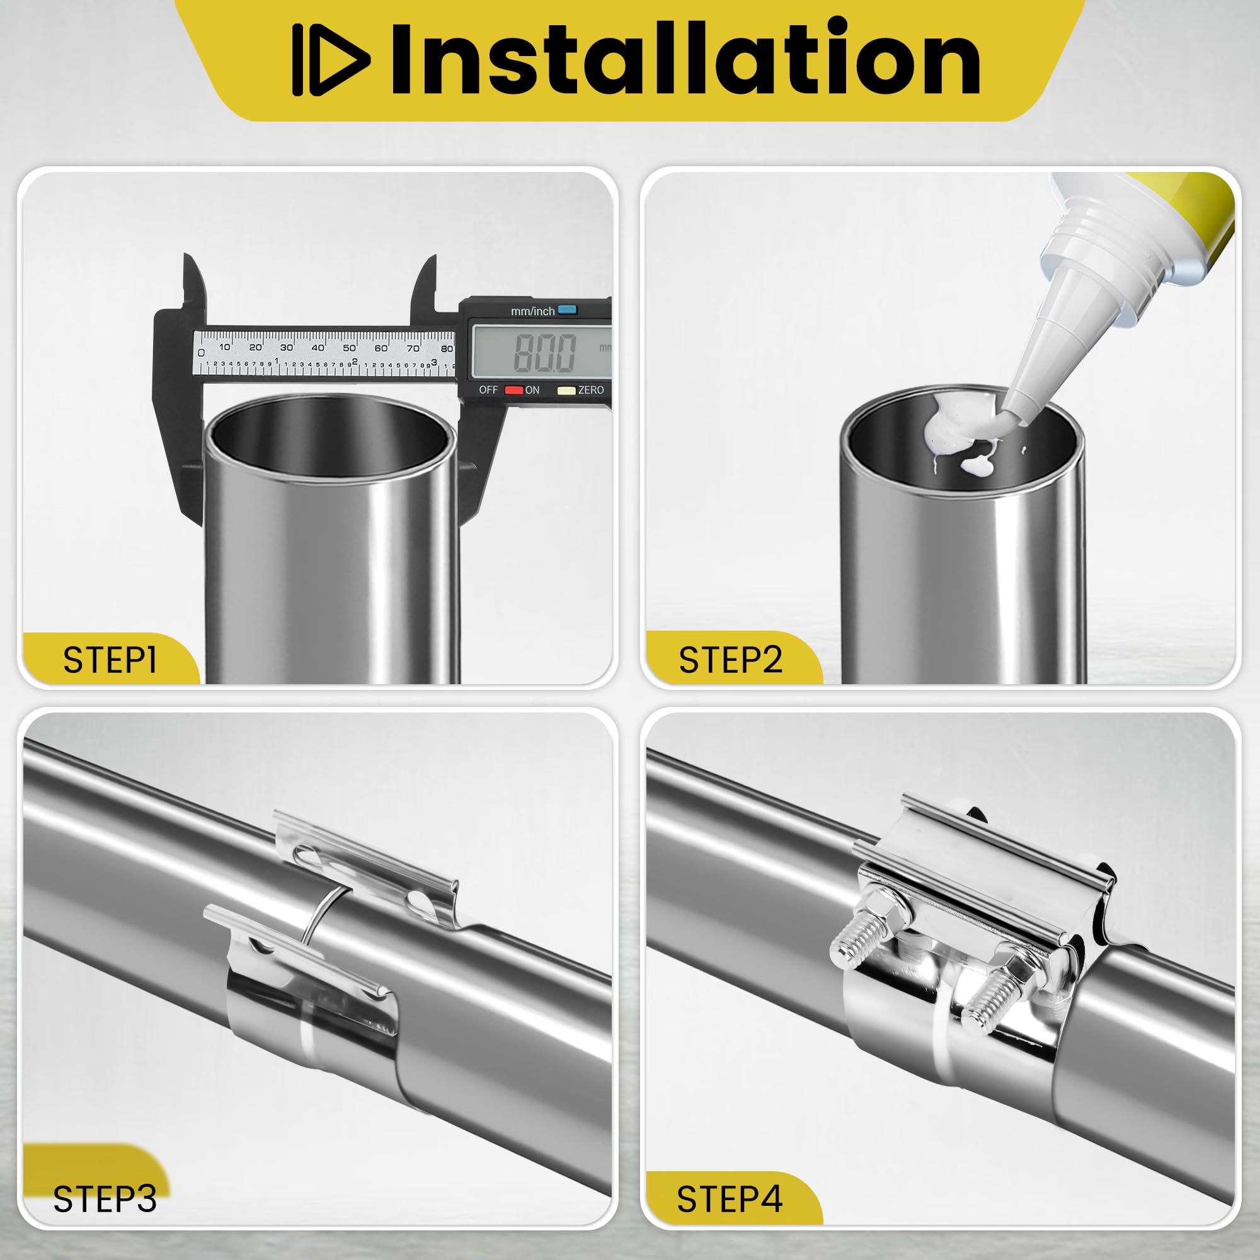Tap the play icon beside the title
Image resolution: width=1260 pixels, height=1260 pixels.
(x=331, y=60)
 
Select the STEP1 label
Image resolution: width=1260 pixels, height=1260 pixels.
(x=110, y=660)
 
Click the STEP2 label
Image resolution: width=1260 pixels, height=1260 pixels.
(x=730, y=660)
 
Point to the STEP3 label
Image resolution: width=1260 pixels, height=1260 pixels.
(x=105, y=1199)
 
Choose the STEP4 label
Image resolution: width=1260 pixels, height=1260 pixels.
(x=730, y=1199)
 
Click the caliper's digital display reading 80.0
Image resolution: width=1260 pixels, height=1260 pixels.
(x=544, y=352)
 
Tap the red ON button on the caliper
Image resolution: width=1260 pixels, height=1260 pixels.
(x=514, y=390)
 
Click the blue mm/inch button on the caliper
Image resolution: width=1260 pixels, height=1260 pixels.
(x=568, y=310)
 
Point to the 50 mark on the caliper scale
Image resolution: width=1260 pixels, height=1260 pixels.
(x=350, y=348)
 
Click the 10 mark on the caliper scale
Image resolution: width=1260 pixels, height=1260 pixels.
(x=224, y=347)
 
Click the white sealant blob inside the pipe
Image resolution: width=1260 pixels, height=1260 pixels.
(x=959, y=433)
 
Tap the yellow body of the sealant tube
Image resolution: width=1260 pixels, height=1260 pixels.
(x=1187, y=222)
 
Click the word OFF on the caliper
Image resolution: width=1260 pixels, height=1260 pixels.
(x=488, y=390)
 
